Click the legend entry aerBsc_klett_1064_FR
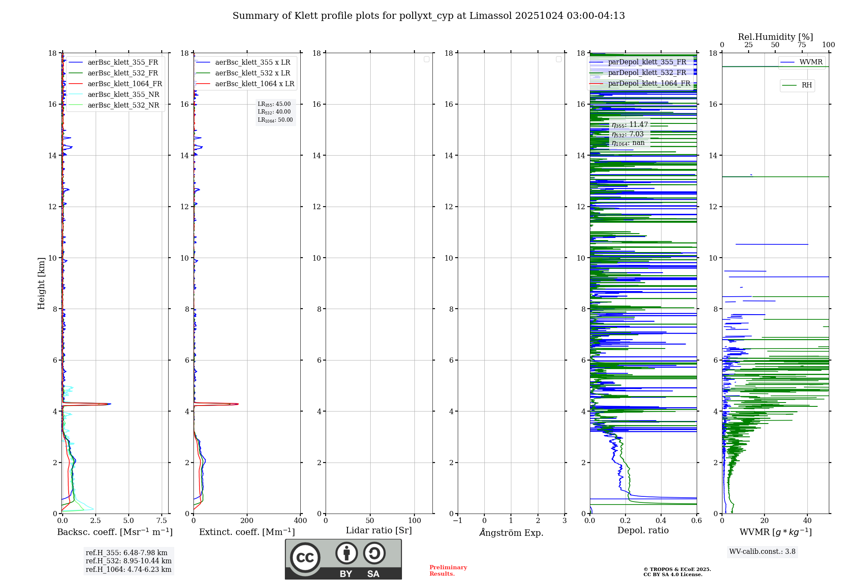[124, 84]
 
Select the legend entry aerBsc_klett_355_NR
[123, 95]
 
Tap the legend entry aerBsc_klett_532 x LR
[252, 73]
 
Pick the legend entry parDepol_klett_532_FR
[647, 73]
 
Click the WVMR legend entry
[810, 62]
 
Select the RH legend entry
[806, 85]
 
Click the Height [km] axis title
[41, 283]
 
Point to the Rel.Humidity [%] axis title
[775, 37]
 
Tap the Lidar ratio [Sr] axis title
[379, 531]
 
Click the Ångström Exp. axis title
[511, 533]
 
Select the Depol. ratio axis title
[643, 531]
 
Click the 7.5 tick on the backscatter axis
[162, 521]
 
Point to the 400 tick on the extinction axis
[300, 521]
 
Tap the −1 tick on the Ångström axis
[457, 521]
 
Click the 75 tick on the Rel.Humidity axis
[802, 45]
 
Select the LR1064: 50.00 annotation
[275, 120]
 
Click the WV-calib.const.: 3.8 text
[762, 552]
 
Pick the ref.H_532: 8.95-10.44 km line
[128, 561]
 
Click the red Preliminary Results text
[448, 571]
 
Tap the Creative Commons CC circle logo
[305, 558]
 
